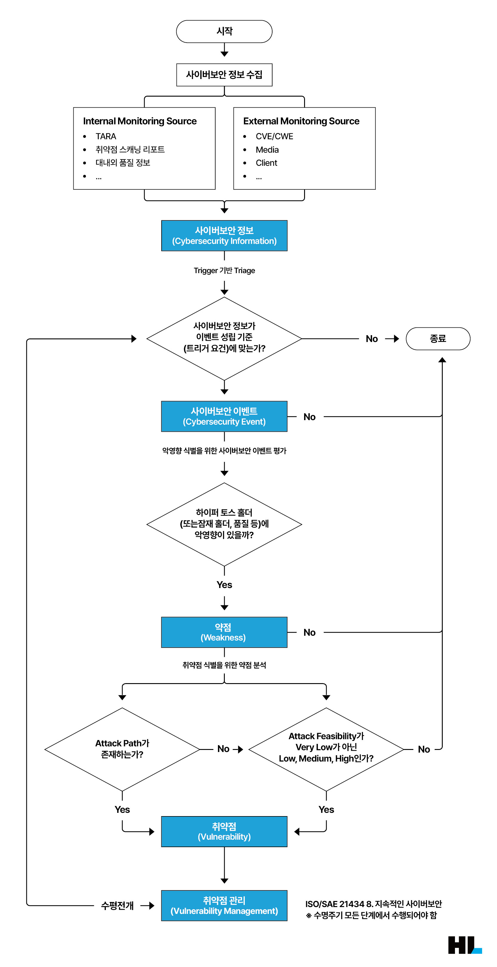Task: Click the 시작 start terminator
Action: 224,32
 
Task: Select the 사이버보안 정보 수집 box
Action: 224,75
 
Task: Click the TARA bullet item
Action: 106,136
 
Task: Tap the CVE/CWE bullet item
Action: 274,136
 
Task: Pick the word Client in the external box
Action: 266,163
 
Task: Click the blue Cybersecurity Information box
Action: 224,236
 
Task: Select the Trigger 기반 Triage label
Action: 224,271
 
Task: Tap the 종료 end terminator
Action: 438,339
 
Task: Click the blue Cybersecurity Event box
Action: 224,416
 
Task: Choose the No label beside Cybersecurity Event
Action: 309,417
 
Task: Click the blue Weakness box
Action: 224,632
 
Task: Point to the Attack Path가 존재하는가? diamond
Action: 122,749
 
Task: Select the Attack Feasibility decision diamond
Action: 326,749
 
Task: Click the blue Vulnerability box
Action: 224,832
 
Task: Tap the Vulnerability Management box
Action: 224,906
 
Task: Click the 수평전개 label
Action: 117,906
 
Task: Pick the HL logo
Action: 465,945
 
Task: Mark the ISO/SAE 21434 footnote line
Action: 374,904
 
